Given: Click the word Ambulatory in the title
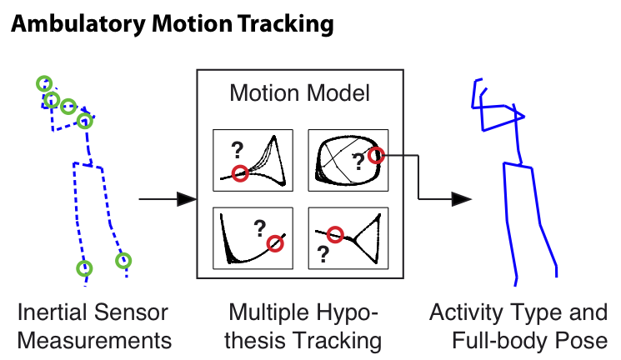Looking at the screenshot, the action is pos(78,24).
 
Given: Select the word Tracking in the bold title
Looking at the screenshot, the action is pos(286,24).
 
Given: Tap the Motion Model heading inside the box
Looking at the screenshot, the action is pos(300,93).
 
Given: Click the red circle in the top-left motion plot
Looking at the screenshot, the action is pos(240,173).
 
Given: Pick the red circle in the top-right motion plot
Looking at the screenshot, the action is pos(376,156).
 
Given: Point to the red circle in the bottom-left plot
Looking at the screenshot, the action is pos(275,243).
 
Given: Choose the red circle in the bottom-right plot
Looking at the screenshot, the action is pos(335,234).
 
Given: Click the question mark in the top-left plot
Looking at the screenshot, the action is pos(238,150).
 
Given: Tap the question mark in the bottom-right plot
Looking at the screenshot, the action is pos(323,254).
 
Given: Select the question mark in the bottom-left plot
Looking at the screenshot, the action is pos(260,228).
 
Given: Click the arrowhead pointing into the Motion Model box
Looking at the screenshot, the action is pos(186,199).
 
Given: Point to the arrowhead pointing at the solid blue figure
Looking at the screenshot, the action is pos(462,199).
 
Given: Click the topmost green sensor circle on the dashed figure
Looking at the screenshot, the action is pos(44,83).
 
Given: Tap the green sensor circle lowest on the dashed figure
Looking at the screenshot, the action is pos(84,268).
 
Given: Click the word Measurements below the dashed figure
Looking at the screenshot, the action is pos(94,341).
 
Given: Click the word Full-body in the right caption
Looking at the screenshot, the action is pos(500,341).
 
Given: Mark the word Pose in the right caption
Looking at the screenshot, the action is pos(581,341).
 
